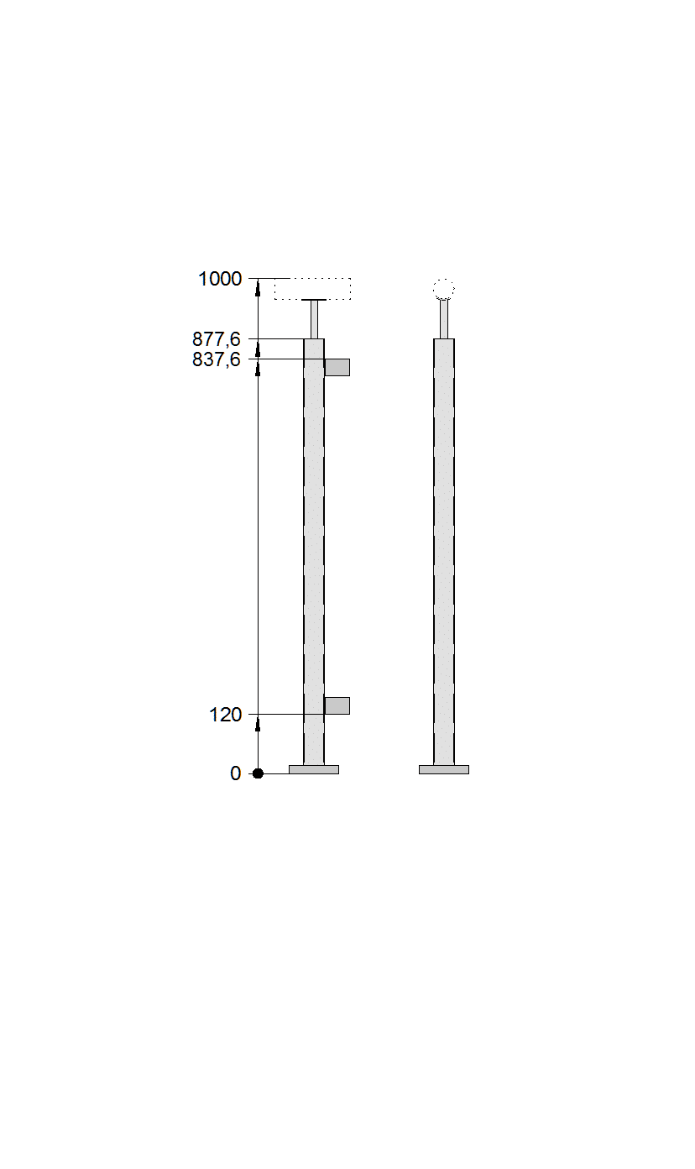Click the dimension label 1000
tap(220, 279)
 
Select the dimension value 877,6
tap(217, 340)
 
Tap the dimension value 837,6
tap(217, 359)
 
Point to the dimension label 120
tap(226, 715)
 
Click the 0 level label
tap(235, 773)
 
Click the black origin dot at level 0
tap(258, 773)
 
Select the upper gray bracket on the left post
tap(337, 367)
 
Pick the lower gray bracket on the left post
tap(337, 705)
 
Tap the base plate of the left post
tap(314, 770)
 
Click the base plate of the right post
tap(444, 770)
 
